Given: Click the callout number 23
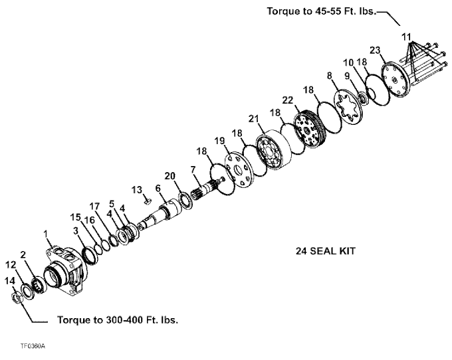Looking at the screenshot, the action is click(x=375, y=50).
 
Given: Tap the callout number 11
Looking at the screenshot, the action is click(x=406, y=37).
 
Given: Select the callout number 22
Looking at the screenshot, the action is click(x=287, y=100).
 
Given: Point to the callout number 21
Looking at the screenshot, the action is click(x=254, y=118).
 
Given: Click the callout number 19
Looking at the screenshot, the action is click(x=219, y=141).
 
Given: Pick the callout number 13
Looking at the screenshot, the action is click(x=137, y=190).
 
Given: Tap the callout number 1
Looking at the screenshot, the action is click(x=46, y=234).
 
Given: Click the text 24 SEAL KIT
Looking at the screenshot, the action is click(x=326, y=251).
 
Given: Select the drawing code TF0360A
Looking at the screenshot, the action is click(x=33, y=346).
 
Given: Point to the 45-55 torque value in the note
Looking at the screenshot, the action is click(x=328, y=11).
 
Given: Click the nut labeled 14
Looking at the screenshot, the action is click(x=17, y=297).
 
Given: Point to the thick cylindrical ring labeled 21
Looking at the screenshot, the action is click(x=273, y=149).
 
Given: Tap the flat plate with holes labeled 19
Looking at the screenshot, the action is click(x=239, y=169).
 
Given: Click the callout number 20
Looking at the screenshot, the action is click(x=169, y=175).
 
